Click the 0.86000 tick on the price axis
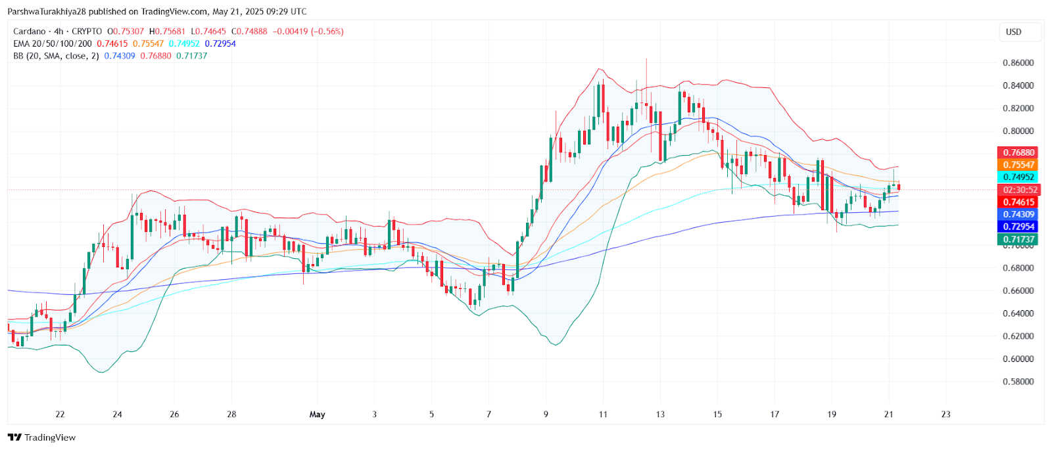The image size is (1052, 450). click(1018, 63)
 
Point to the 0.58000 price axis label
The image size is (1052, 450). click(1018, 382)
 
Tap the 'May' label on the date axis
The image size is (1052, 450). click(317, 415)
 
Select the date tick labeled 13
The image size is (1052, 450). click(660, 415)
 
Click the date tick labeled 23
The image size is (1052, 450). click(945, 415)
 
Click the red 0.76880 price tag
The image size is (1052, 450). click(1018, 152)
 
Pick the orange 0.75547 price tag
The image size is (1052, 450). click(1018, 165)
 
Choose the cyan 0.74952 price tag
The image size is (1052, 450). click(1018, 177)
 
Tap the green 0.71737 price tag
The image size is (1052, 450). click(1018, 240)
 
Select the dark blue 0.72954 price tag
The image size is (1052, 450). click(1018, 227)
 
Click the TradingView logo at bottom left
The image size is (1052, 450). click(42, 438)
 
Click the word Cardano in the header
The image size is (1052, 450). click(30, 32)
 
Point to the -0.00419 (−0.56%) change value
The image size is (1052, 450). click(308, 32)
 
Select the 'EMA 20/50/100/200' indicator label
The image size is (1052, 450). click(53, 44)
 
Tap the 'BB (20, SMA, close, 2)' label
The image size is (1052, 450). click(56, 56)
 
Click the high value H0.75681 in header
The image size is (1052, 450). click(167, 32)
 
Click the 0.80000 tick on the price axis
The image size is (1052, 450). click(1018, 131)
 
